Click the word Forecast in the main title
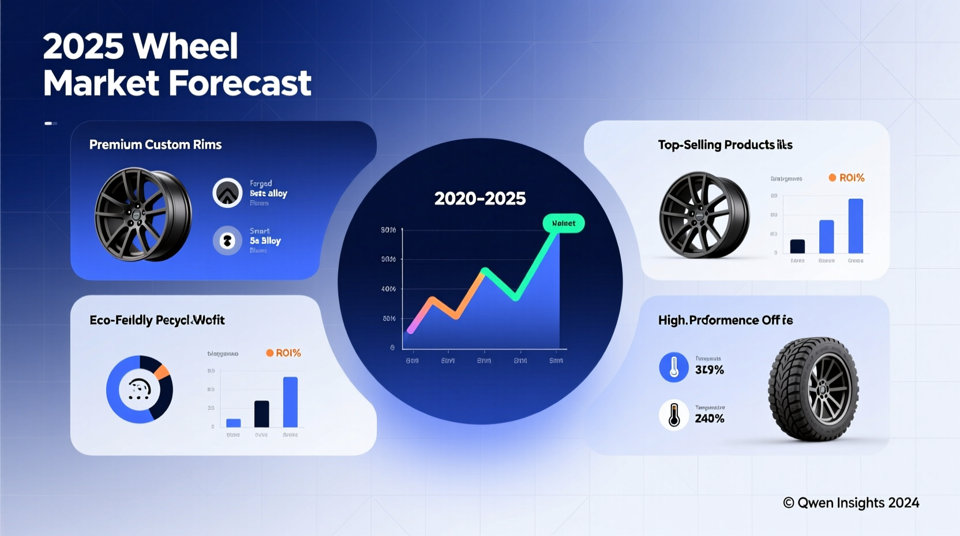coord(240,83)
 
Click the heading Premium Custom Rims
coord(155,144)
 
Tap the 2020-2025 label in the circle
coord(479,199)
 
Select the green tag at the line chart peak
coord(564,224)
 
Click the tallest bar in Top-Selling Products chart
coord(856,226)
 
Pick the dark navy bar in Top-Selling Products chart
coord(797,246)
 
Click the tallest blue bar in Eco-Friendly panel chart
coord(290,402)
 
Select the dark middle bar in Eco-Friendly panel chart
coord(261,414)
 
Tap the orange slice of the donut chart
coord(163,371)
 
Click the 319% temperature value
coord(709,370)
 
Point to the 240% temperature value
coord(709,418)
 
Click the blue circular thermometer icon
coord(674,367)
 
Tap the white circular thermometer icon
coord(674,415)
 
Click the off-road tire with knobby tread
coord(813,389)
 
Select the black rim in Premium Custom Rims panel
coord(142,214)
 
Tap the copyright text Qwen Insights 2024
coord(851,503)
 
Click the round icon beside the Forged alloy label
coord(227,193)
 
